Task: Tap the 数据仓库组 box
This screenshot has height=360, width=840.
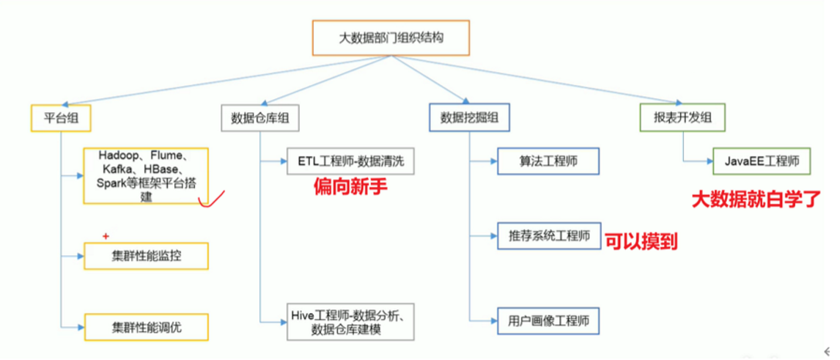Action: pyautogui.click(x=259, y=117)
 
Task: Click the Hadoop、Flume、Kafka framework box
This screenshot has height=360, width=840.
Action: pyautogui.click(x=146, y=176)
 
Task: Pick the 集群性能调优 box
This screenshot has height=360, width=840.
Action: pyautogui.click(x=146, y=326)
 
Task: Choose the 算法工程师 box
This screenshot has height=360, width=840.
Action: pyautogui.click(x=549, y=161)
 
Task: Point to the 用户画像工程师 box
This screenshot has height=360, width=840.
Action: pyautogui.click(x=549, y=320)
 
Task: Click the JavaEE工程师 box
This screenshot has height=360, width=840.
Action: pyautogui.click(x=762, y=160)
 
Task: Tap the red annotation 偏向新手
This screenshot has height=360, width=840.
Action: pyautogui.click(x=350, y=188)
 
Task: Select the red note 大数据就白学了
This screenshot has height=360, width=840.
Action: pyautogui.click(x=755, y=199)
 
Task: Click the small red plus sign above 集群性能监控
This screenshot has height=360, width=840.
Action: pyautogui.click(x=107, y=236)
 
